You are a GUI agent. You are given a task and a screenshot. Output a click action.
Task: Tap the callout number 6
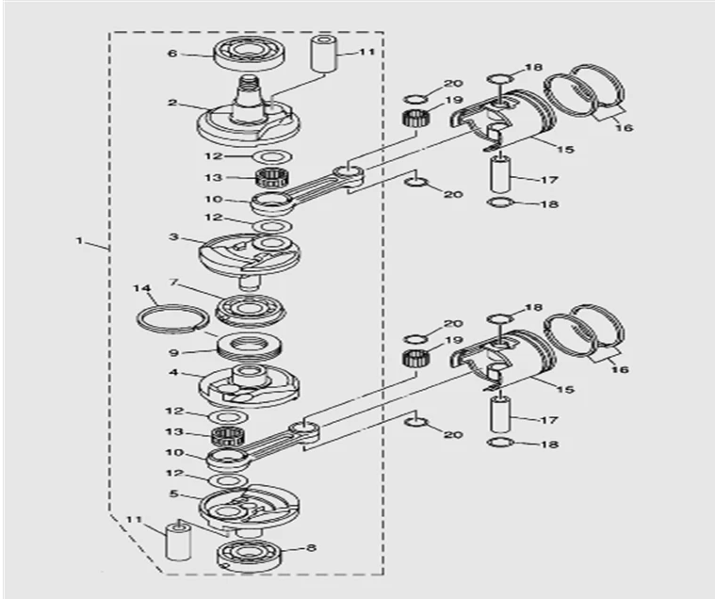point(172,54)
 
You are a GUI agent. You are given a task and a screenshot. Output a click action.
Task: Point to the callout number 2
point(172,102)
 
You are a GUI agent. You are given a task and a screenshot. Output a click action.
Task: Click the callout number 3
point(172,237)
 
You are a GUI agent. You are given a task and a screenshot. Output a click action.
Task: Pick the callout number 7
point(172,282)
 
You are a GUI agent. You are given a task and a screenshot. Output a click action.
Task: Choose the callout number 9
point(172,352)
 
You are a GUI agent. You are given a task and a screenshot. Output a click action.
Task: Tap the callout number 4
point(172,373)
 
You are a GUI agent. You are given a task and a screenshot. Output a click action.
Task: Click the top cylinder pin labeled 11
point(323,62)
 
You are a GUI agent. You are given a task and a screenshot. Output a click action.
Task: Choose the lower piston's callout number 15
point(565,388)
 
